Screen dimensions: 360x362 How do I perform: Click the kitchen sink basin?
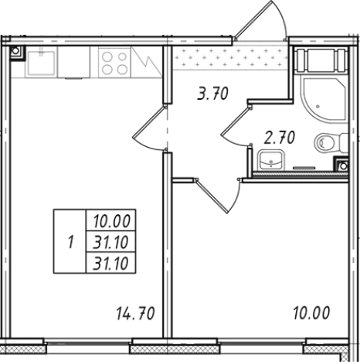point(41,62)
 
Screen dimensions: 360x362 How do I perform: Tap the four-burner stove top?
point(114,62)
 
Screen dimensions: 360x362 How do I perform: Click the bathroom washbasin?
point(271,160)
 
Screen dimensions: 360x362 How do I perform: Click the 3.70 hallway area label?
point(212,94)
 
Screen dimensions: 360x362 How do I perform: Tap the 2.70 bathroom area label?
point(280,138)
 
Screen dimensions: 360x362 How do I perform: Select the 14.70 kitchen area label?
point(135,313)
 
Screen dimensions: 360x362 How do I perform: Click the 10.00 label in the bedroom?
point(311,312)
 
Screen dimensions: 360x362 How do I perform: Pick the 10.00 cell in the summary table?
point(111,221)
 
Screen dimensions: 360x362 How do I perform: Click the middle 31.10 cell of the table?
point(110,242)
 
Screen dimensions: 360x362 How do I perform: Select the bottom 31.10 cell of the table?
point(110,263)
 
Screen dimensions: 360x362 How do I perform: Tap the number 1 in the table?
point(71,242)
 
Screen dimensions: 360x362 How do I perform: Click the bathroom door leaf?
point(236,121)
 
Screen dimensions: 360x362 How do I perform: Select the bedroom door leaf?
point(212,196)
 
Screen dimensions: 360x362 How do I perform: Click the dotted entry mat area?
point(230,57)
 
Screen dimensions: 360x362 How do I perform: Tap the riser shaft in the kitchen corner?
point(16,51)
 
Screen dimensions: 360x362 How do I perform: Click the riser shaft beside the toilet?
point(341,165)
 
